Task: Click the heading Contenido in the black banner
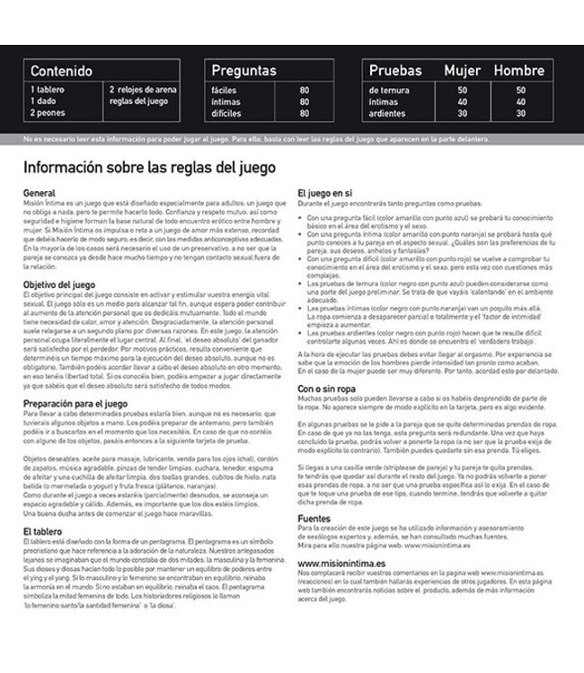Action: (x=62, y=70)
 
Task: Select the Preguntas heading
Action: (x=245, y=70)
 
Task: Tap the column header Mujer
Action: (x=463, y=70)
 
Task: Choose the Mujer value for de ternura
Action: (x=463, y=91)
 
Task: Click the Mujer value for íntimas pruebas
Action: (x=463, y=102)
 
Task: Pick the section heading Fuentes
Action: (x=314, y=519)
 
